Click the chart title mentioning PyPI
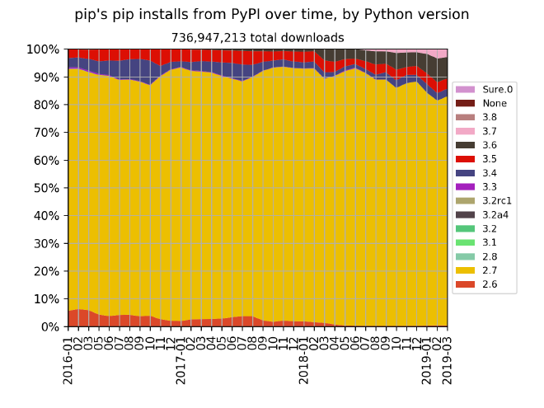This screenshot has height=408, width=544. pyautogui.click(x=271, y=14)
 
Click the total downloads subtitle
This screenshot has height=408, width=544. pyautogui.click(x=257, y=38)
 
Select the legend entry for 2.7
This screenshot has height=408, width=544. pyautogui.click(x=490, y=270)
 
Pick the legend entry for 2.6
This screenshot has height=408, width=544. pyautogui.click(x=490, y=284)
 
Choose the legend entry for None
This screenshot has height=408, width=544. pyautogui.click(x=495, y=103)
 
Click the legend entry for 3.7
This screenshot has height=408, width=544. pyautogui.click(x=490, y=131)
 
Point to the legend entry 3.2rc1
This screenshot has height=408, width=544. pyautogui.click(x=497, y=200)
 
